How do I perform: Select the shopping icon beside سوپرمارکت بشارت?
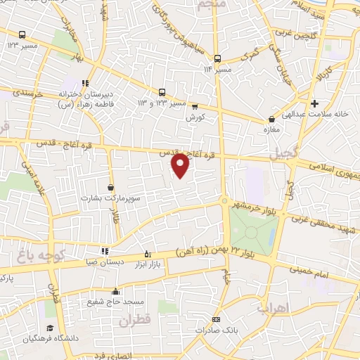(111, 187)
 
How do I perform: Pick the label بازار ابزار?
(148, 262)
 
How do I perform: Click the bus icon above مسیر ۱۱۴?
(217, 59)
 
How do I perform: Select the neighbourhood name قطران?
(135, 322)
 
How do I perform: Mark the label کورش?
(195, 118)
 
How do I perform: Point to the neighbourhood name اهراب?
(272, 308)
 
